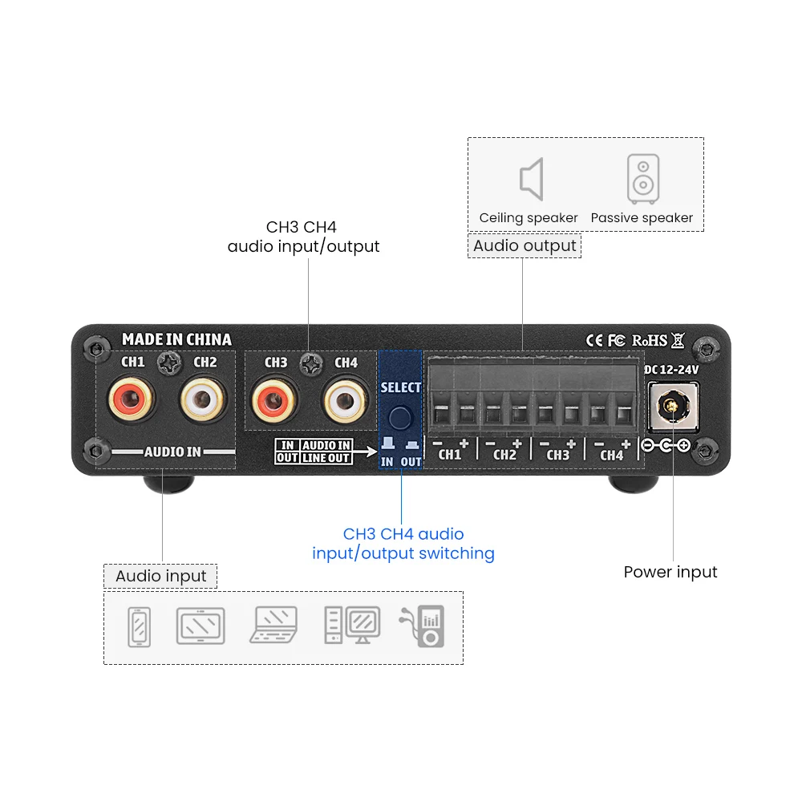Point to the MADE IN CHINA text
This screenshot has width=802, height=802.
[176, 339]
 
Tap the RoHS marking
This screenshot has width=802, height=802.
[650, 340]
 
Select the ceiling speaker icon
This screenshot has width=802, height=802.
[531, 179]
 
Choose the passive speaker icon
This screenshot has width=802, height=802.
[642, 179]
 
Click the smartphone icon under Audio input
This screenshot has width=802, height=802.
[139, 626]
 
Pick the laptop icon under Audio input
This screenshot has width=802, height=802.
[274, 625]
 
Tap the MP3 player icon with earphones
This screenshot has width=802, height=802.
[423, 626]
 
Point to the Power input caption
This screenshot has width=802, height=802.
[670, 572]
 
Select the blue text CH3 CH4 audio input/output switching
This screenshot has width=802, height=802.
[403, 544]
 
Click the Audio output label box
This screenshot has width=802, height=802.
[525, 245]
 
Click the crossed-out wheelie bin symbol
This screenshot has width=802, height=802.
[678, 340]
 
